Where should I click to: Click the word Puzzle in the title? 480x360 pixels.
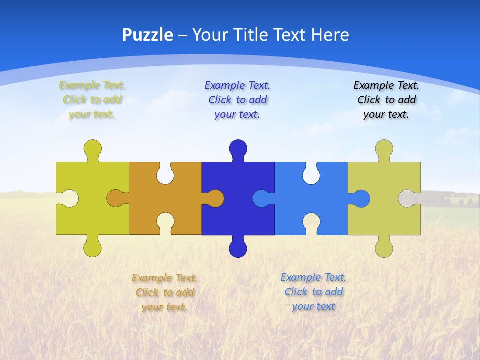pos(147,35)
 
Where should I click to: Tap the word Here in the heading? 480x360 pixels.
pos(330,35)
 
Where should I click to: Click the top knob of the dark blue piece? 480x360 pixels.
pos(238,148)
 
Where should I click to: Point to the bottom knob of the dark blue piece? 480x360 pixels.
pos(238,248)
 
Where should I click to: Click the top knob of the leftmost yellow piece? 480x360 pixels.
pos(92,148)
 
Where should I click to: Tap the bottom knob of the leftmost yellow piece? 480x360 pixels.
pos(92,248)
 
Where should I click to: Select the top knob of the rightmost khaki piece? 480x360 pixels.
pos(384,148)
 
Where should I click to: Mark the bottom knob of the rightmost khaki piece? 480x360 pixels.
pos(384,248)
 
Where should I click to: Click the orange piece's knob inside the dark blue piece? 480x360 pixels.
pos(215,198)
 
